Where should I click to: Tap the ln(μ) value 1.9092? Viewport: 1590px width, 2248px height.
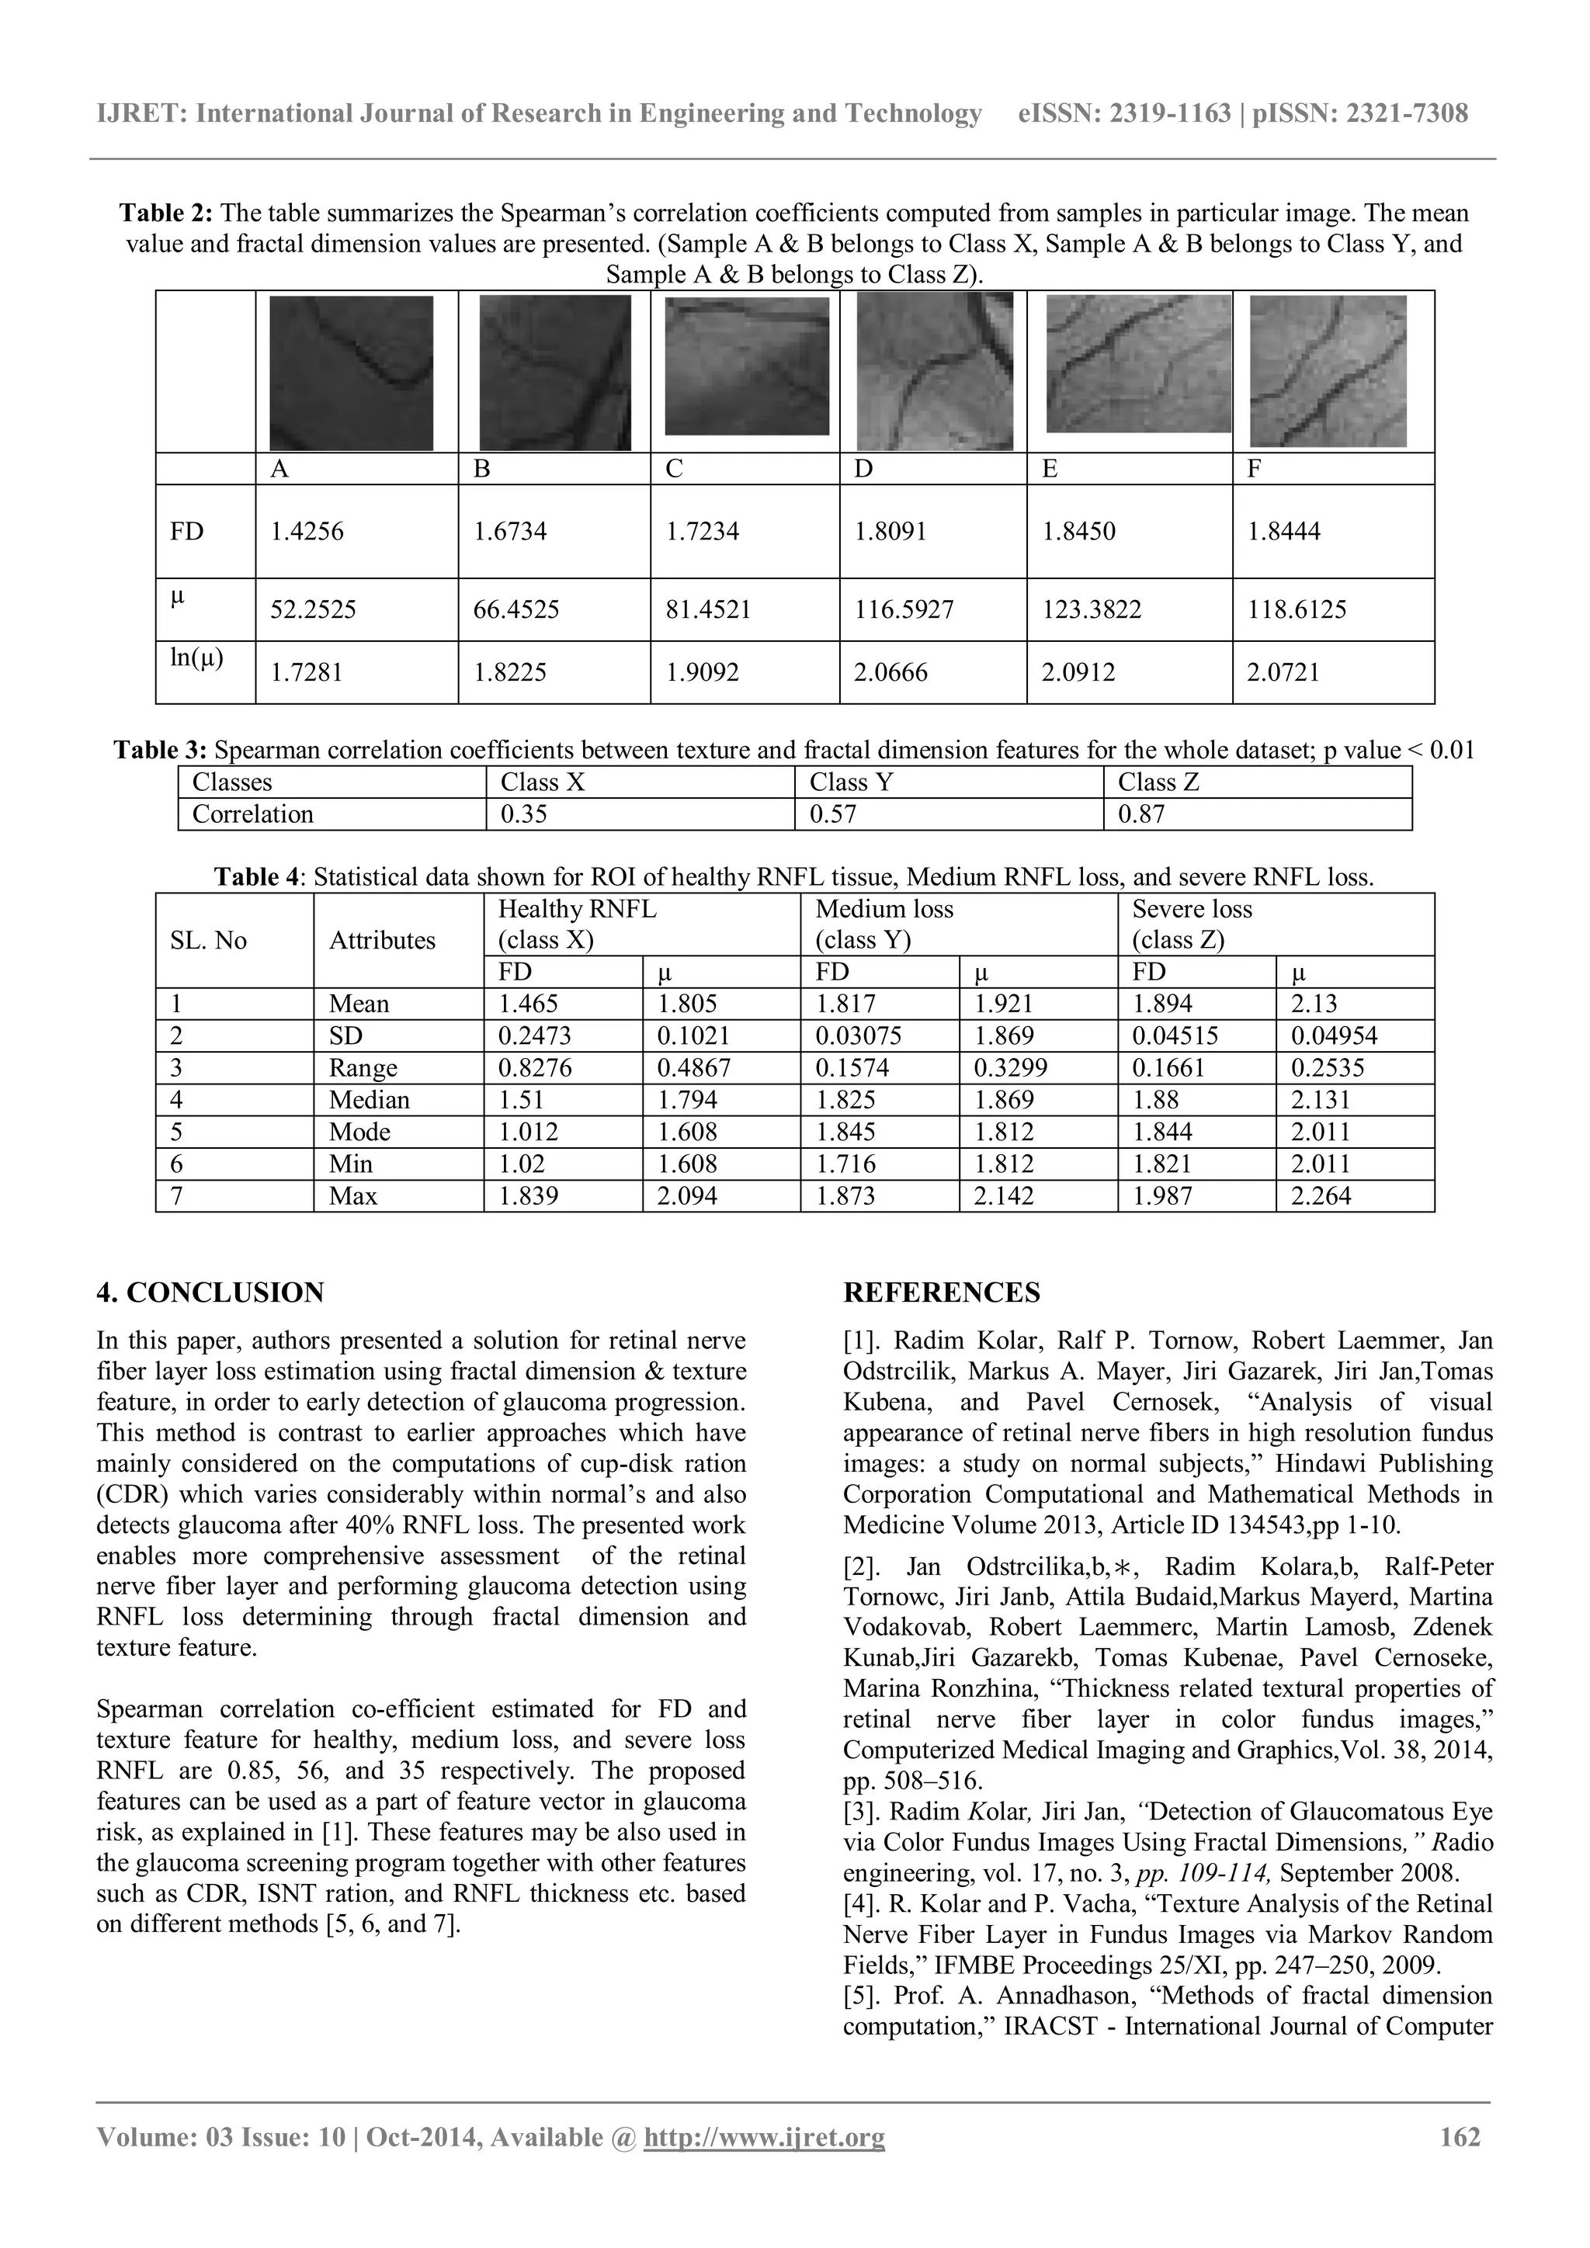click(702, 673)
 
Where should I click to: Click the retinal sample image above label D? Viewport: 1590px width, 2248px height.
click(933, 372)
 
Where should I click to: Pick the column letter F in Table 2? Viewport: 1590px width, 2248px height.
click(1254, 469)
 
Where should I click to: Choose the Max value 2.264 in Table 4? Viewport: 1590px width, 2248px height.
click(1321, 1195)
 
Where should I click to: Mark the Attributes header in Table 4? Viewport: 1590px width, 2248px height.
click(382, 940)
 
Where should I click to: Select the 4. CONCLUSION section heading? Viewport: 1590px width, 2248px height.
click(210, 1292)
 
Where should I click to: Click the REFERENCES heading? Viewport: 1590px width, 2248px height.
click(941, 1292)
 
